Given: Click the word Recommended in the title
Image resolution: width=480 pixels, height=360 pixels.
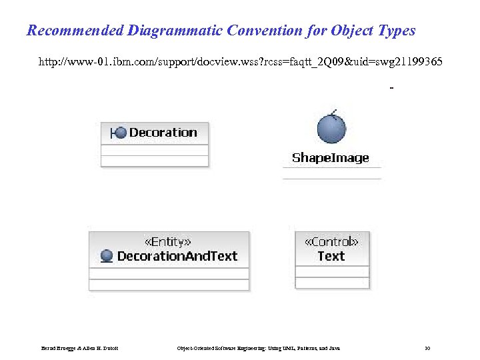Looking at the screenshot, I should (75, 31).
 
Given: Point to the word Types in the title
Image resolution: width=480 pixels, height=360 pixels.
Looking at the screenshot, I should (396, 31).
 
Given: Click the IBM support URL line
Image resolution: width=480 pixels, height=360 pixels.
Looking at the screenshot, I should (240, 62).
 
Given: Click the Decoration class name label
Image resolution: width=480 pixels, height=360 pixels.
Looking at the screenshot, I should (163, 133).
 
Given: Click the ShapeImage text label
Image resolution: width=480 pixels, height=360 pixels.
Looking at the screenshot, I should (331, 158).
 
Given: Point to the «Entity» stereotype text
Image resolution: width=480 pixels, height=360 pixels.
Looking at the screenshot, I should (168, 242).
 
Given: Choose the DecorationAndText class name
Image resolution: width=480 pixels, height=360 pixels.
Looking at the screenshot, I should (177, 256).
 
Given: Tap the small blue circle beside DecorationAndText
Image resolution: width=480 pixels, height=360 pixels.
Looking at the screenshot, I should (106, 256).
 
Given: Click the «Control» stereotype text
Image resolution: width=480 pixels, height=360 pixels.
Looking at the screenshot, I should (331, 242).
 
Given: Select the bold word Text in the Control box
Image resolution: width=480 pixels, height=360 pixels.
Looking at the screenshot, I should (331, 256).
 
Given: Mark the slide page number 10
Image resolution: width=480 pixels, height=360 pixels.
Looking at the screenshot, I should (427, 349).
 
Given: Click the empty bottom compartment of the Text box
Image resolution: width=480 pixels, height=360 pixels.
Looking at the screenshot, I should (331, 283).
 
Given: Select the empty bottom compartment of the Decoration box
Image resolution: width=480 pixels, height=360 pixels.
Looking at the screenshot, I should (154, 161).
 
